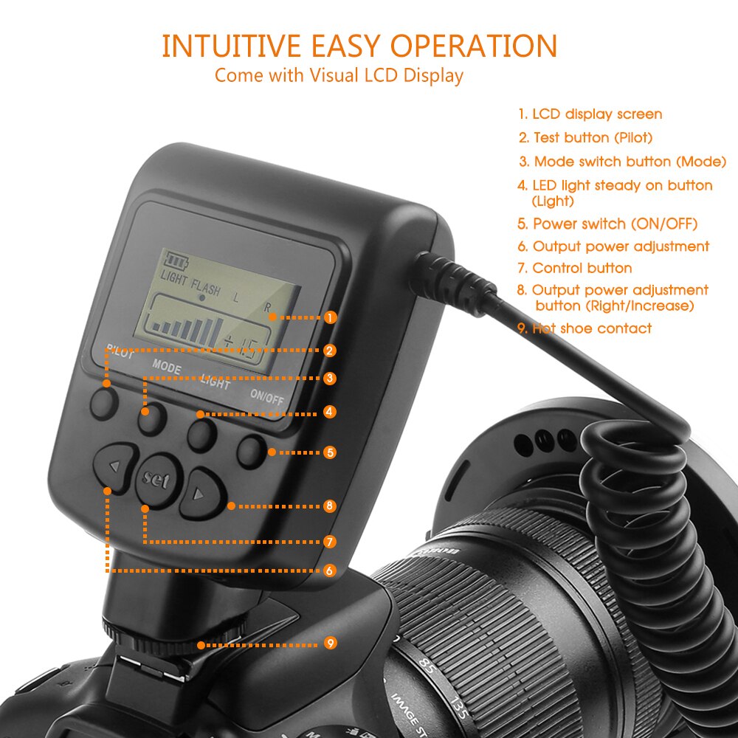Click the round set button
click(x=156, y=480)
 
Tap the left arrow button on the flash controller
click(x=115, y=466)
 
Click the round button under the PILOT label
click(x=105, y=403)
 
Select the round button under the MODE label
click(x=152, y=420)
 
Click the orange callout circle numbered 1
click(x=330, y=317)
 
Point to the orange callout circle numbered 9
click(x=330, y=643)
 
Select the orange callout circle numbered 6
click(x=330, y=570)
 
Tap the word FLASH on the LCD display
click(x=206, y=287)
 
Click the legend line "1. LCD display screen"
click(x=590, y=114)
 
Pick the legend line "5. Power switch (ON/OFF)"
click(x=607, y=224)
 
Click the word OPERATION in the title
click(x=474, y=46)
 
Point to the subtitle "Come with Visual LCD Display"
click(x=339, y=75)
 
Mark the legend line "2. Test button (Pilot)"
click(x=585, y=137)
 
